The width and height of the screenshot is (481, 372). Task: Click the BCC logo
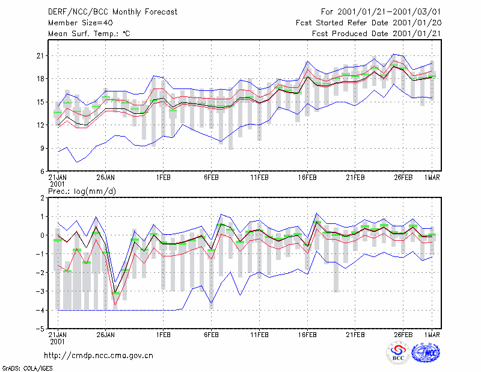(398, 353)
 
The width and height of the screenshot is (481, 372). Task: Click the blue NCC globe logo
(426, 353)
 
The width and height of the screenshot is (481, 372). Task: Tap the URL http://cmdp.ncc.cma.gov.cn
(99, 356)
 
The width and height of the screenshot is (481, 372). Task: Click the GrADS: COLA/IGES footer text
(27, 368)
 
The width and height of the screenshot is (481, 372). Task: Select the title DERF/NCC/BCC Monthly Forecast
(112, 12)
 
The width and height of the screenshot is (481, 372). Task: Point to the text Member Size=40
(81, 23)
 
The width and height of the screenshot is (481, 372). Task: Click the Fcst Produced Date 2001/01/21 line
(376, 34)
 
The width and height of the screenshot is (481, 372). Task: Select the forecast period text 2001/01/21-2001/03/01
(389, 12)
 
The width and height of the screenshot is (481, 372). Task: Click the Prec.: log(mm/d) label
(82, 191)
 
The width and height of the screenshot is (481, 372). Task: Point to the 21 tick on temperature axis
(40, 56)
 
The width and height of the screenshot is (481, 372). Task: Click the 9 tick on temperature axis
(42, 148)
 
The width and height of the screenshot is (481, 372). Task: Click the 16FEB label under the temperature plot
(307, 178)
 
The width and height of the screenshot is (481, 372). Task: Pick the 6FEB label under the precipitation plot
(212, 335)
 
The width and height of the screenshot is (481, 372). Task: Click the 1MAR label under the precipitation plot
(432, 335)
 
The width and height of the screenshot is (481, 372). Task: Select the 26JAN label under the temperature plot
(106, 178)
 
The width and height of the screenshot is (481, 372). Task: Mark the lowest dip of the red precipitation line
(115, 305)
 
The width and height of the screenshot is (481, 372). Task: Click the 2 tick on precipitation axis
(42, 197)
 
